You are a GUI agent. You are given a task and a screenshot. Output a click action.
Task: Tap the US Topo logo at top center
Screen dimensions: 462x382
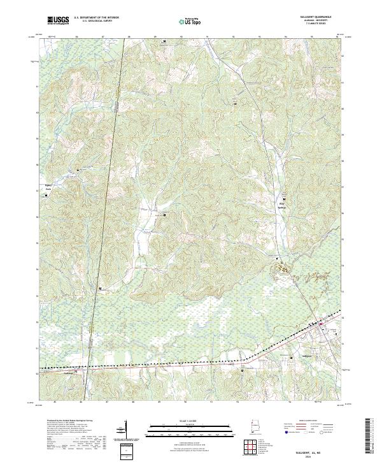click(192, 21)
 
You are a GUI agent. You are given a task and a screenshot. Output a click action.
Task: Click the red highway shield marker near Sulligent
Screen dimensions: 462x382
click(320, 330)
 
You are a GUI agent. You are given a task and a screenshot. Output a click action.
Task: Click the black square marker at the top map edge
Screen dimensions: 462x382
click(166, 41)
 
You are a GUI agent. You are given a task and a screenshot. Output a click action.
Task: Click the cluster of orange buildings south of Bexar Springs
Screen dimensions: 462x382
click(283, 270)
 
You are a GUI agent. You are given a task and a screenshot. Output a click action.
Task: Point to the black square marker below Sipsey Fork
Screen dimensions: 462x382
click(78, 170)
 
